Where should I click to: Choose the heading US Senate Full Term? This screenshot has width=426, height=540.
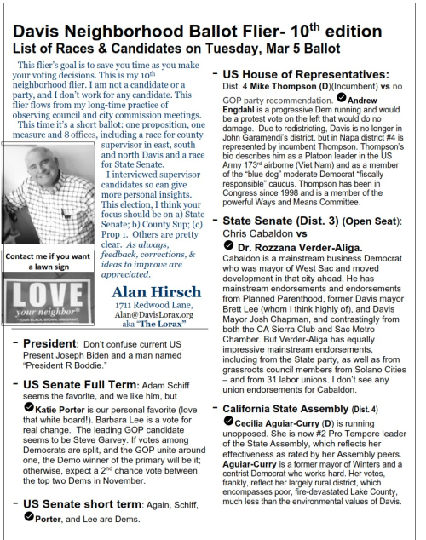click(86, 386)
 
